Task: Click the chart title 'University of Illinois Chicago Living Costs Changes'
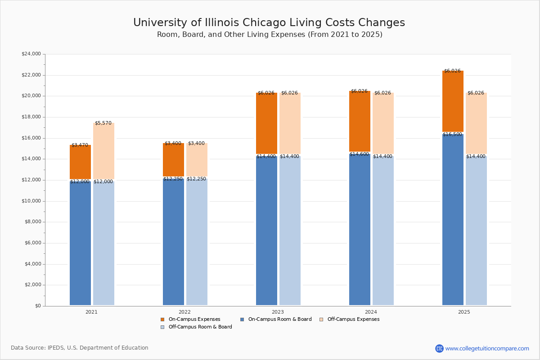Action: tap(269, 23)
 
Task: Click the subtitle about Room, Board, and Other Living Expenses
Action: tap(270, 35)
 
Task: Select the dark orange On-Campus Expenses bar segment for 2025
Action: tap(453, 101)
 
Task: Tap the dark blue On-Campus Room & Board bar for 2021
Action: tap(80, 243)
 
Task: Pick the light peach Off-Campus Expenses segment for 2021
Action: tap(103, 151)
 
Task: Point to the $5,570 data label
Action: tap(103, 123)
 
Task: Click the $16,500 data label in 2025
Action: tap(452, 135)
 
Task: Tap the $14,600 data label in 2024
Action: tap(359, 154)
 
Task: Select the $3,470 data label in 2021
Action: tap(80, 145)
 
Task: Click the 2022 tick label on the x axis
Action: tap(184, 312)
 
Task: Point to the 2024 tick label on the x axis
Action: tap(371, 312)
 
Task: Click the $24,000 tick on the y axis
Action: tap(31, 54)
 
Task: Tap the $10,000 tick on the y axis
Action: tap(31, 201)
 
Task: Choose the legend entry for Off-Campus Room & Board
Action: tap(200, 327)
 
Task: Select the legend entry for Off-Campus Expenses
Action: tap(353, 319)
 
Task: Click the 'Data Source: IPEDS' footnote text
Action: tap(80, 348)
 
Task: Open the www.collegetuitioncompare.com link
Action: tap(486, 348)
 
